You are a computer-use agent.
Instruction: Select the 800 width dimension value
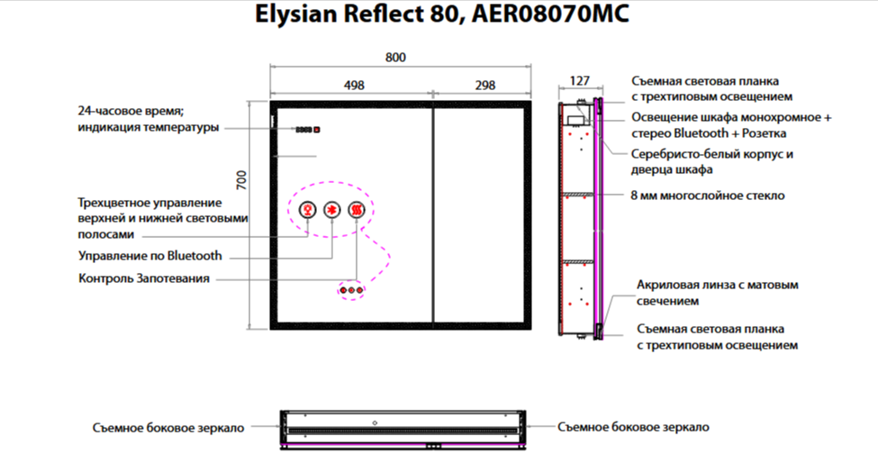point(395,57)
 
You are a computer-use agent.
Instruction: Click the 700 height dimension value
point(240,179)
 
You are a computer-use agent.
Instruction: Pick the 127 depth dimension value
point(580,81)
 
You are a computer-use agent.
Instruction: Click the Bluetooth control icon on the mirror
point(331,210)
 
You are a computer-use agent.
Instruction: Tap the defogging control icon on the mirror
point(357,210)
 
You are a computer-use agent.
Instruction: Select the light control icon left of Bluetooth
point(307,210)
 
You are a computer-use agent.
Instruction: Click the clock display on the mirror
point(307,129)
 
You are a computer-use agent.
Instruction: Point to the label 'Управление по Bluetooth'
point(150,257)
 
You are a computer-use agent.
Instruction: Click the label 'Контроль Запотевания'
point(144,279)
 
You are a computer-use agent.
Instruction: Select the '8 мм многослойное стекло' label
point(708,195)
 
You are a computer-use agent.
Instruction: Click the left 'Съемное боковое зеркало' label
point(167,428)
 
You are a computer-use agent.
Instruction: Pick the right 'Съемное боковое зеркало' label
point(633,427)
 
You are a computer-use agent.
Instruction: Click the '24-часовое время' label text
point(131,112)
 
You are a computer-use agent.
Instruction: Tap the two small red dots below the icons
point(351,290)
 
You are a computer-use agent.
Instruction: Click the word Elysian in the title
point(290,15)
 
